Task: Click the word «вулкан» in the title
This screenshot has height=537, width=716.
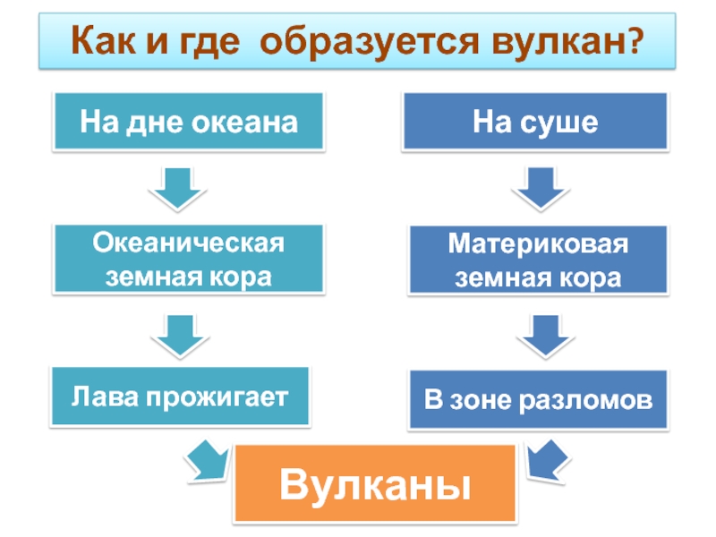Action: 559,41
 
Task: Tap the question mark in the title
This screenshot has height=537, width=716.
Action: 634,41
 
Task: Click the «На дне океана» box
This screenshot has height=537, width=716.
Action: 189,121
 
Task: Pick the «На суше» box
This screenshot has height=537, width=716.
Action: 536,121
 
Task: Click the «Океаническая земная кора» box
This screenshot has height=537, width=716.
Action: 189,260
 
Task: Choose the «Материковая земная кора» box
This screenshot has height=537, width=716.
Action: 538,260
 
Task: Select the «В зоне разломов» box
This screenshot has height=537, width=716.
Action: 538,399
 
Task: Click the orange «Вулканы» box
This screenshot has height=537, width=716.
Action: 375,483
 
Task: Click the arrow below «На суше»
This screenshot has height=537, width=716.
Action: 538,189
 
